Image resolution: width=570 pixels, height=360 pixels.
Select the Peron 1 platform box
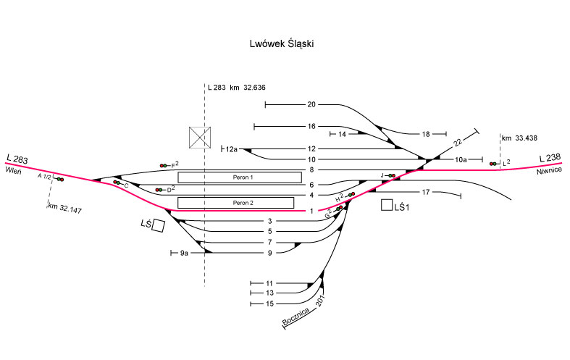240,177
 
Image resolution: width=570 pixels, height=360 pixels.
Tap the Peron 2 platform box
240,202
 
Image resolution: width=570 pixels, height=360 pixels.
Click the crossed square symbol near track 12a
199,137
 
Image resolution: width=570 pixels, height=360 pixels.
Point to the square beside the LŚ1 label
387,206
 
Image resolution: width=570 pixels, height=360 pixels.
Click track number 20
311,104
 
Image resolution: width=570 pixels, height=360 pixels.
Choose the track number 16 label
311,126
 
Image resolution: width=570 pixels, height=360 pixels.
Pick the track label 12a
232,148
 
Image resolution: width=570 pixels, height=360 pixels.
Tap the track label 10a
461,159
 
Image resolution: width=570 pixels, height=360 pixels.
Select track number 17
427,192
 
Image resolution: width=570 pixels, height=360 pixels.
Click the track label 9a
185,253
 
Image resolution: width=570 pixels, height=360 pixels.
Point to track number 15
269,304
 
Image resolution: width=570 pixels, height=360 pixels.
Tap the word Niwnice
549,173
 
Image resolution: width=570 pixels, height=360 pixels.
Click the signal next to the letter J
391,175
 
